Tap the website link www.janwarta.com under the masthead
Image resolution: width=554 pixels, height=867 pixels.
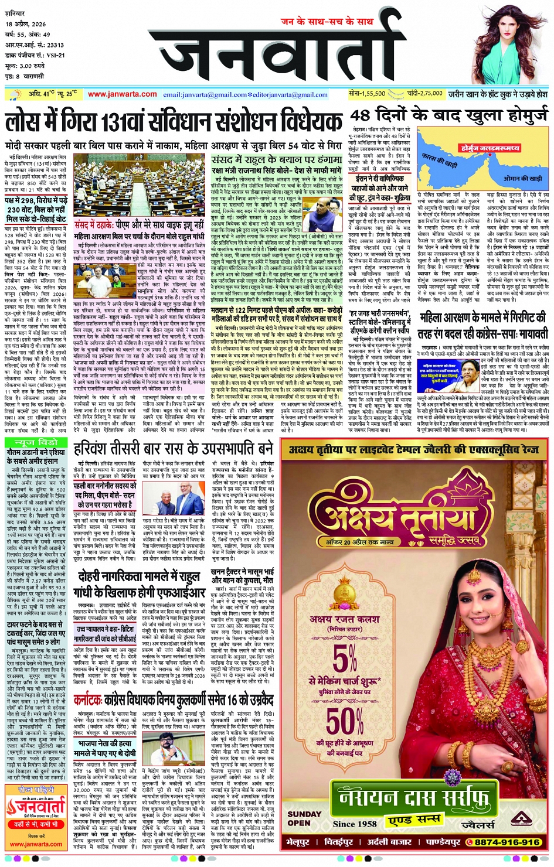123,94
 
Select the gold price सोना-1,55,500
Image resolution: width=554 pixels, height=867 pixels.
367,93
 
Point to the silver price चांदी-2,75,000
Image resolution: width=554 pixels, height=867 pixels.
424,93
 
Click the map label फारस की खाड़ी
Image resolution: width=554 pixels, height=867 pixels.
440,159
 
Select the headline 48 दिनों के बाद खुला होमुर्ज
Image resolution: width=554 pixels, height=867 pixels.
449,115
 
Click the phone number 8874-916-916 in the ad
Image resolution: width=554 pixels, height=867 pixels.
507,842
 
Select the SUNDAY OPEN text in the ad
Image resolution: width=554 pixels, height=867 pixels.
304,818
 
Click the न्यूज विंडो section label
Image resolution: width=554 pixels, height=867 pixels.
36,442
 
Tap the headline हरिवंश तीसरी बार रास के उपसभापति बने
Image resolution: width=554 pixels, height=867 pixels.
174,449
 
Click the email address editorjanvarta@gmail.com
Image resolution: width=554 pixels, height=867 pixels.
290,94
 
